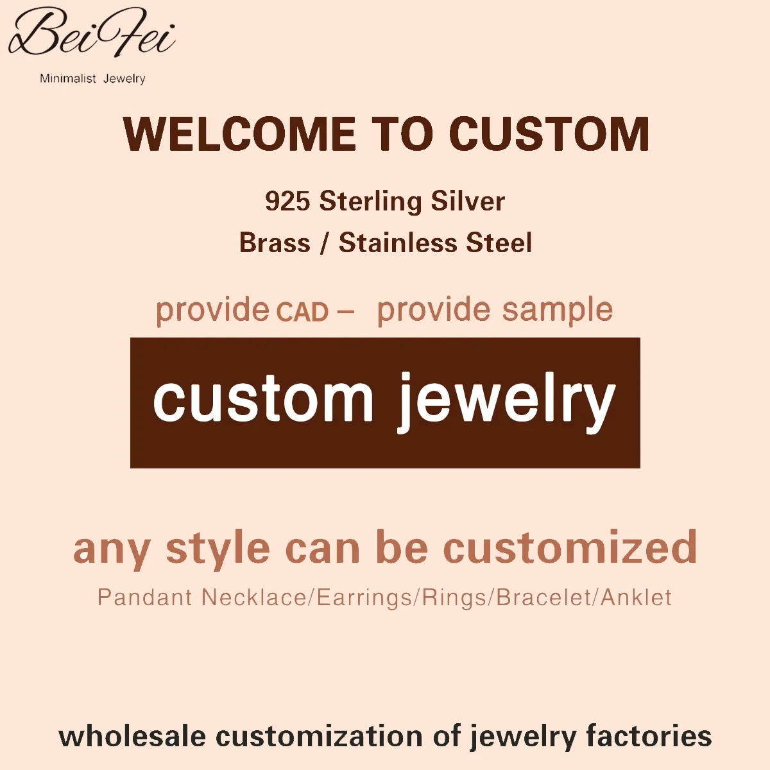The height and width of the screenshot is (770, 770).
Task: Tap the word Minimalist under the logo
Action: coord(67,78)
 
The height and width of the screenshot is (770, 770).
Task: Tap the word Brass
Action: coord(275,243)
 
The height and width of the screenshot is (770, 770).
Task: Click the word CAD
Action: coord(303,312)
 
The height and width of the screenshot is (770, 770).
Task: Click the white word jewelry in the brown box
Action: coord(507,401)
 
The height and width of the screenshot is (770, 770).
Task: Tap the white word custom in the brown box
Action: coord(263,399)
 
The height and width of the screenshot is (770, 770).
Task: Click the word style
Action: coord(218,549)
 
